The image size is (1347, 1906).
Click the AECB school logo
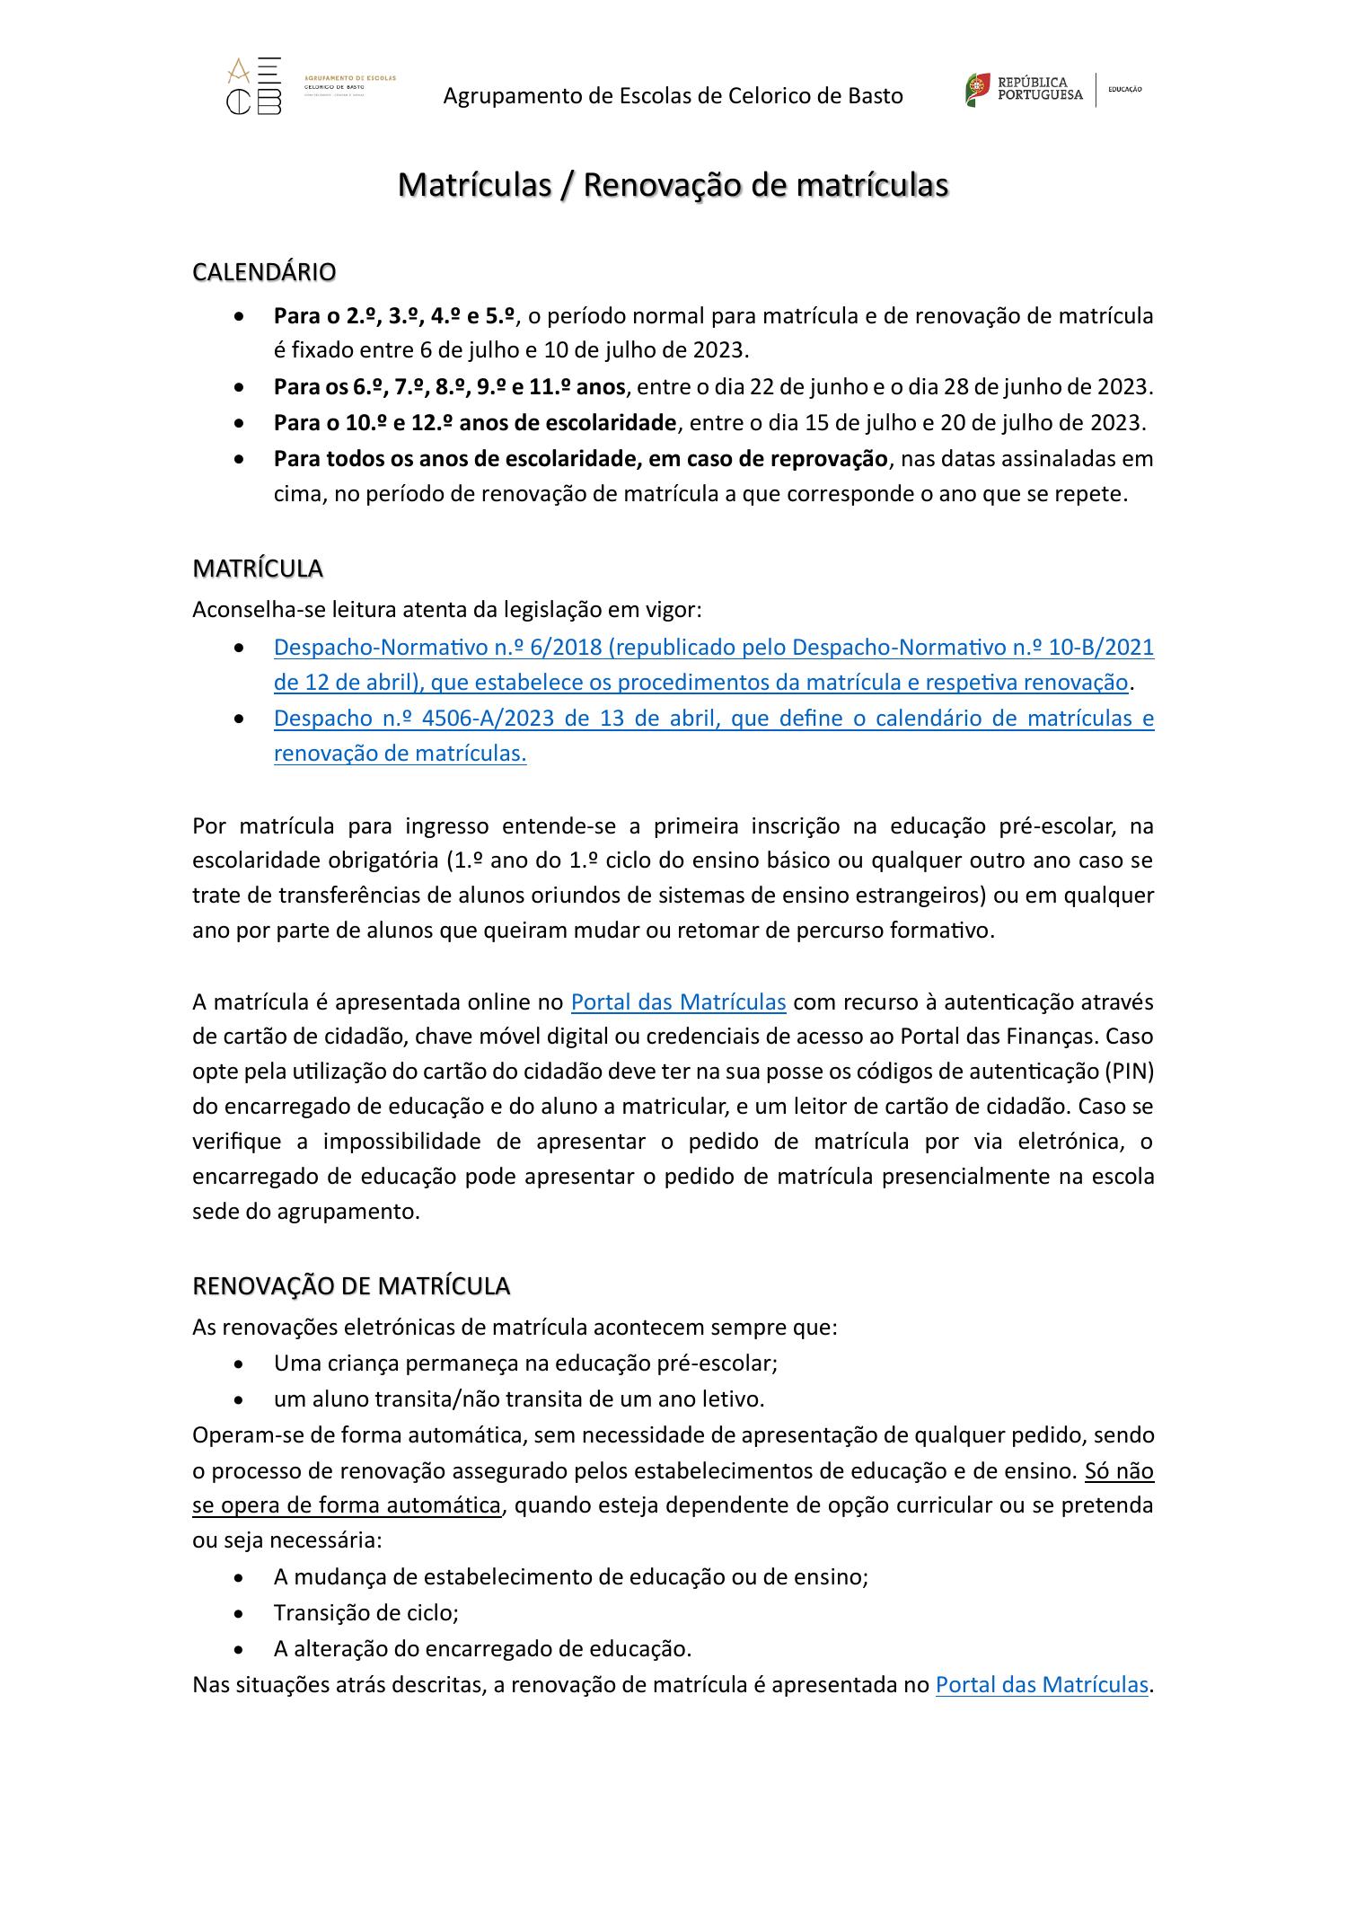coord(254,86)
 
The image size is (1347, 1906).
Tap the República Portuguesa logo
coord(1024,89)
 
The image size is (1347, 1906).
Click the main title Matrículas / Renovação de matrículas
coord(673,185)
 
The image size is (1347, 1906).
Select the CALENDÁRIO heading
coord(264,271)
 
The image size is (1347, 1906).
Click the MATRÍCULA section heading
coord(258,569)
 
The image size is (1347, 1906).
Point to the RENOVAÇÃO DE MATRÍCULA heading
coord(351,1286)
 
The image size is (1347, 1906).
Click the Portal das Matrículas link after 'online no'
coord(678,1002)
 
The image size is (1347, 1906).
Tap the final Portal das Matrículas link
coord(1042,1684)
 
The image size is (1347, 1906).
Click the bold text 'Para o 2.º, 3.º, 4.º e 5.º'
coord(394,316)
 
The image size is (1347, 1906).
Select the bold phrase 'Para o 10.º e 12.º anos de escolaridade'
coord(475,422)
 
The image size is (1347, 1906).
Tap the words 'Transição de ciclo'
coord(365,1613)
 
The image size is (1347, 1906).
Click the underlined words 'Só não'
coord(1119,1471)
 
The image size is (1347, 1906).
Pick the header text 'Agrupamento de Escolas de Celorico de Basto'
coord(673,95)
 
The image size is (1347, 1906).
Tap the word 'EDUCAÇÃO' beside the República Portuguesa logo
coord(1125,90)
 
